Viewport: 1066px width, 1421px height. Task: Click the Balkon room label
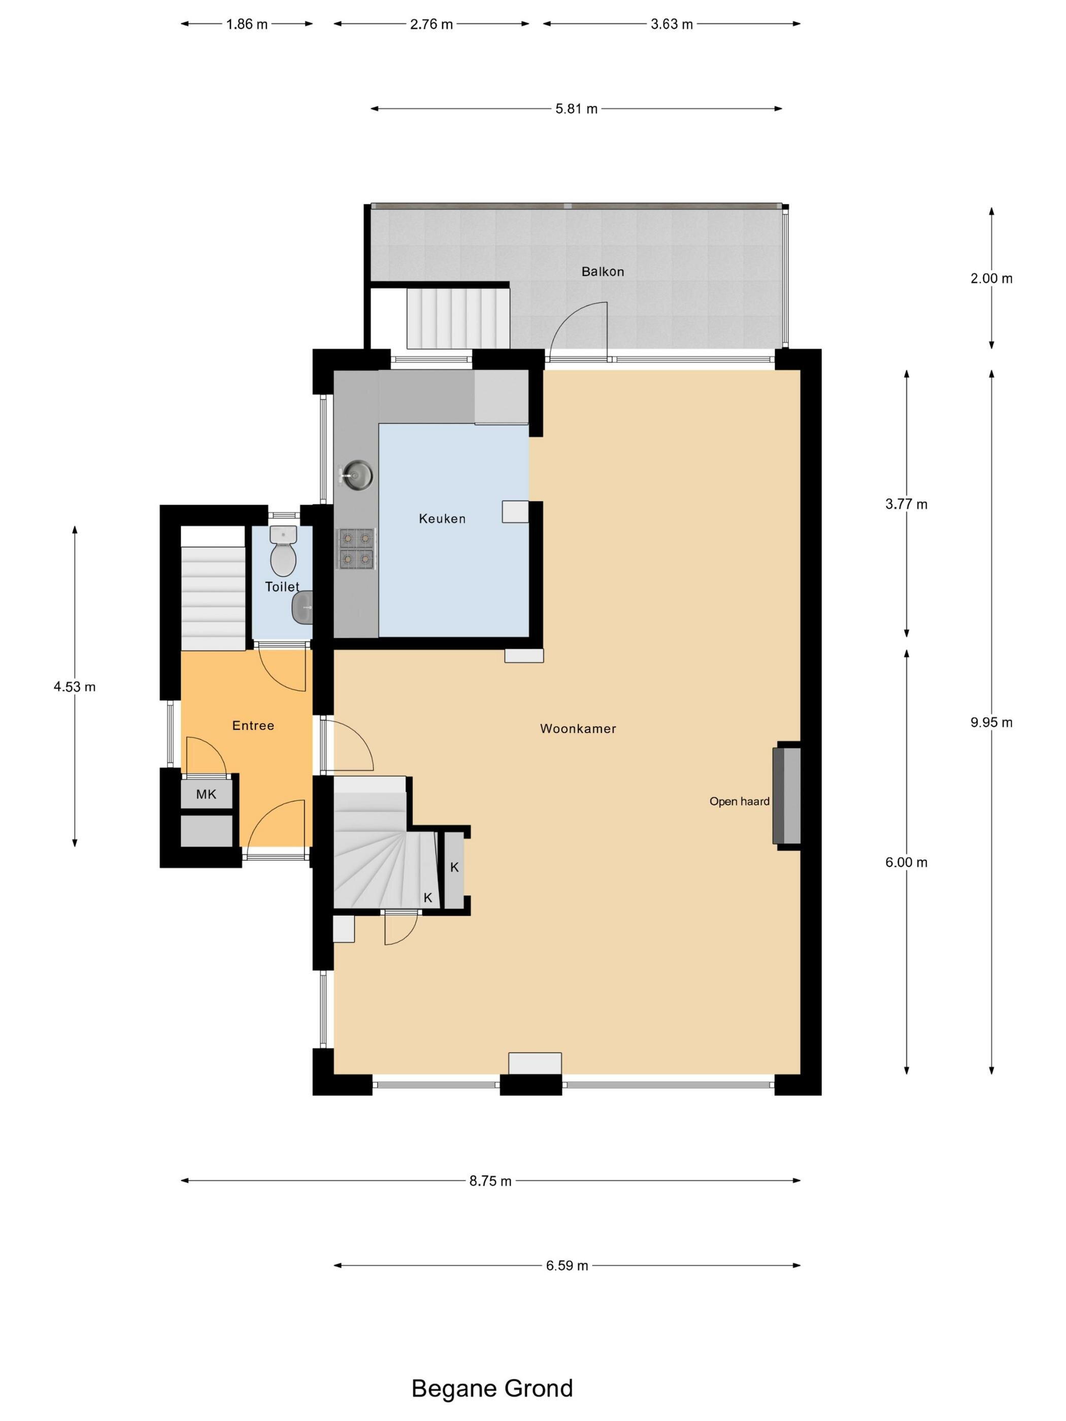[x=602, y=272]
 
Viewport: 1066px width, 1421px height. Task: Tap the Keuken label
[x=442, y=519]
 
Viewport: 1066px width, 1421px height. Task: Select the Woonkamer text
[x=578, y=728]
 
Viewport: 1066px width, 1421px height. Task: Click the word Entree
[x=253, y=725]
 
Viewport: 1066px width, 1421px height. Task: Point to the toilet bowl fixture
[x=283, y=551]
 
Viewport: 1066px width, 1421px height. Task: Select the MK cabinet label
[x=206, y=794]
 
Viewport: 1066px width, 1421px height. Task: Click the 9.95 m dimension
[x=991, y=722]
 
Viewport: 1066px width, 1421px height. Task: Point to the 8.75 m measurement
[x=490, y=1181]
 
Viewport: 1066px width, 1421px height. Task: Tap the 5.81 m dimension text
[x=576, y=109]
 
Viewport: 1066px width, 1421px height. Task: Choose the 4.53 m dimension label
[x=75, y=687]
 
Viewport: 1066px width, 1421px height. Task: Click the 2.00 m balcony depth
[x=991, y=278]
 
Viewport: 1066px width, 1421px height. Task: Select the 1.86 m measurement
[x=247, y=24]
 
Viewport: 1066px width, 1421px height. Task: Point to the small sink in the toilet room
[x=303, y=607]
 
